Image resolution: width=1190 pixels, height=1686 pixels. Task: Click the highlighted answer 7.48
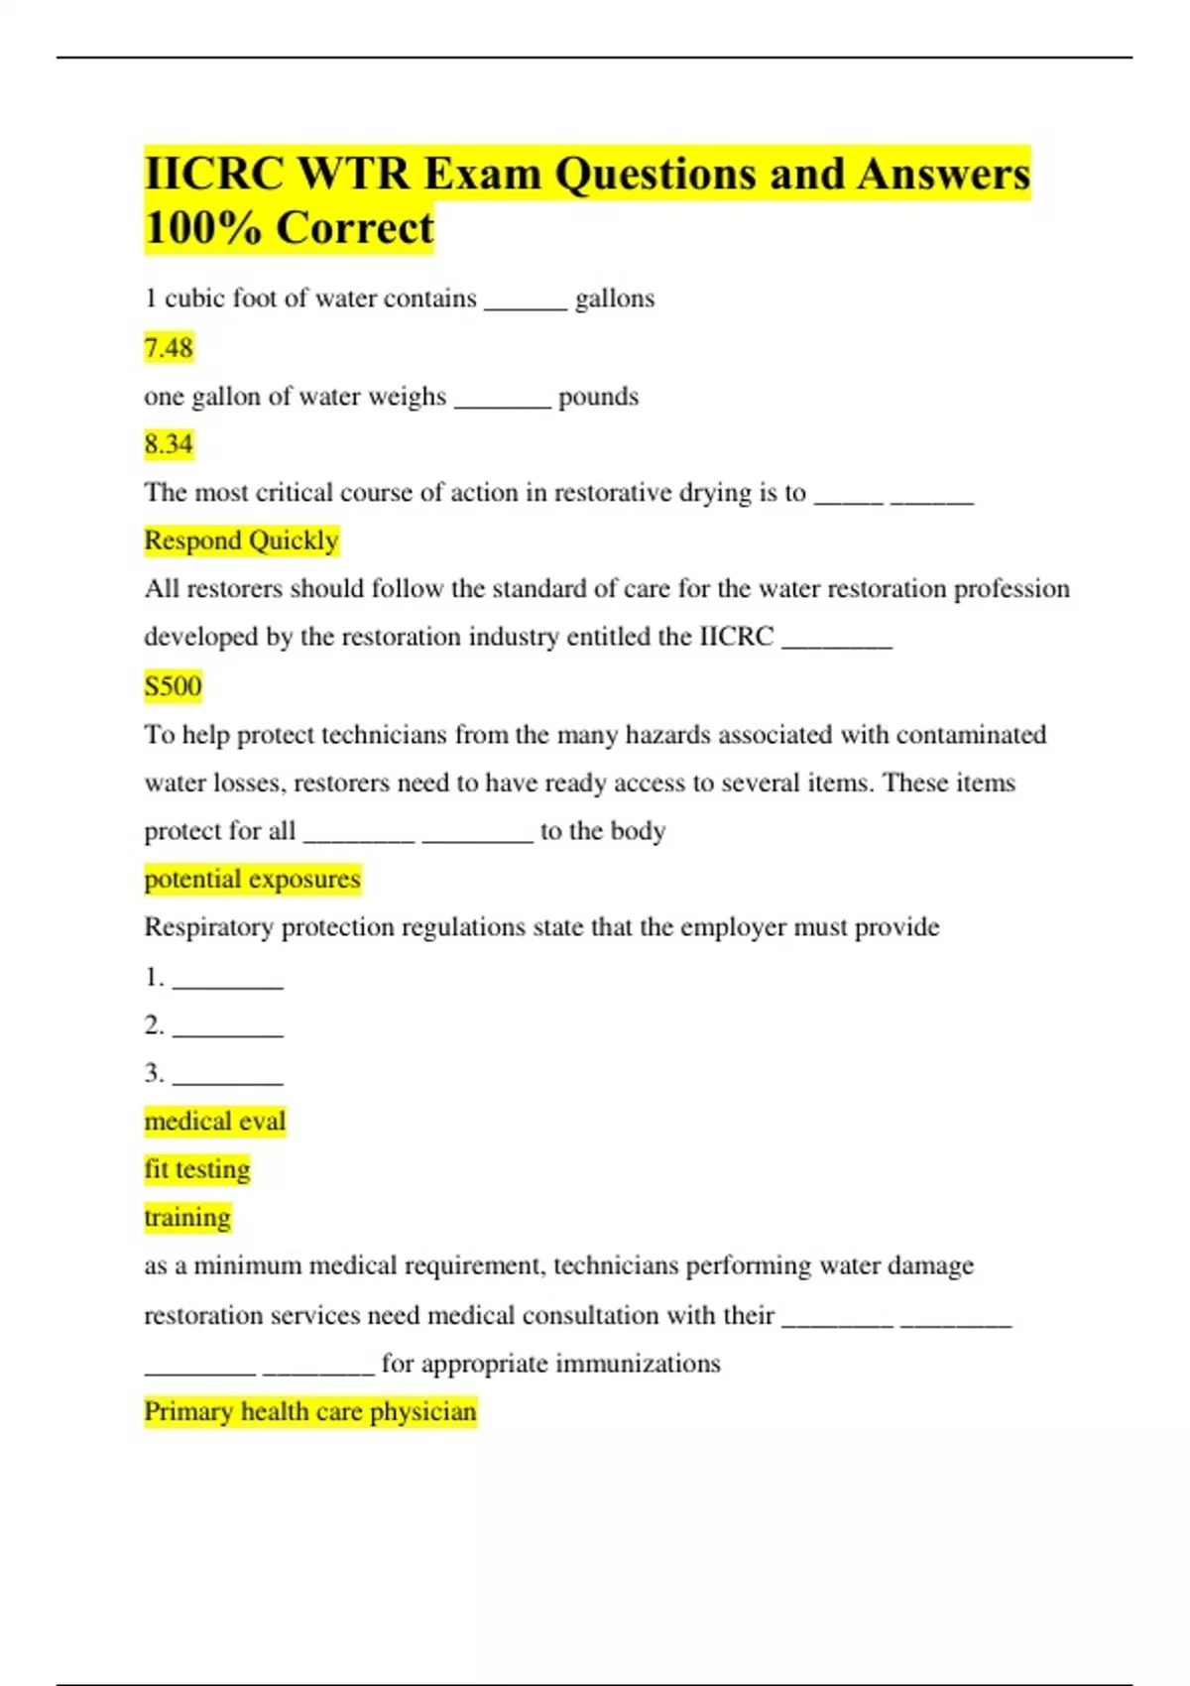pos(169,348)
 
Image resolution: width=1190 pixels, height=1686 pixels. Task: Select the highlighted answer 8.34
pos(169,444)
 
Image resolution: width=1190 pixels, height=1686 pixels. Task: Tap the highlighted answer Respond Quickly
pos(241,541)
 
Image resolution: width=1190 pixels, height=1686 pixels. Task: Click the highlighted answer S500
pos(173,686)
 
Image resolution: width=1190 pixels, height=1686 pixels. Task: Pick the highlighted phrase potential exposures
pos(252,880)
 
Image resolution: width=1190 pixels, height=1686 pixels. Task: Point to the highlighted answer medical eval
pos(214,1122)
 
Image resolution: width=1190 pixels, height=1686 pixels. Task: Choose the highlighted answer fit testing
pos(196,1169)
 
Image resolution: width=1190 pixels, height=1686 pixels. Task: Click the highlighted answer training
pos(186,1218)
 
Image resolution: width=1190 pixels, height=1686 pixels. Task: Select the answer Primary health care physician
pos(309,1411)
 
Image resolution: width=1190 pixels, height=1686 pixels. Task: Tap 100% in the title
pos(202,228)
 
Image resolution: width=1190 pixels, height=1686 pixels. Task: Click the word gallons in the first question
pos(615,299)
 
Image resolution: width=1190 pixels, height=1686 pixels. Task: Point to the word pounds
pos(598,397)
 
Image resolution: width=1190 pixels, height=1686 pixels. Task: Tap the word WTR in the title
pos(353,174)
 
